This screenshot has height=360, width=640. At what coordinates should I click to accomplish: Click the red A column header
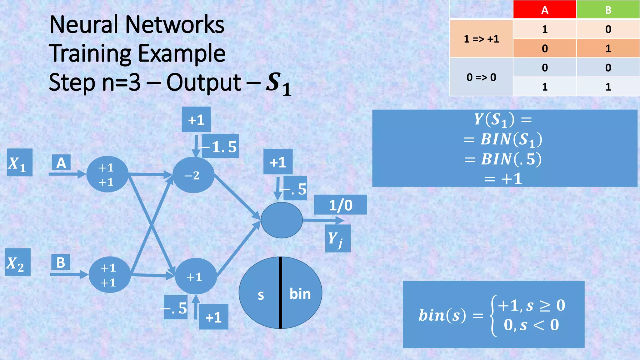tap(545, 10)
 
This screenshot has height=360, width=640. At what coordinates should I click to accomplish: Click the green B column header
tap(608, 10)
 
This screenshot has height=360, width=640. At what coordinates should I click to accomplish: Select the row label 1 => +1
tap(481, 39)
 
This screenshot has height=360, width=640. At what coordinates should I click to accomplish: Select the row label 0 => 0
tap(481, 77)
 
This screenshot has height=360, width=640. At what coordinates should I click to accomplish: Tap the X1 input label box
tap(19, 162)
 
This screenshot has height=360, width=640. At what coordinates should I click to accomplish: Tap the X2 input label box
tap(17, 262)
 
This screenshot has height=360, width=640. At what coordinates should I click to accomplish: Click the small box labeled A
tap(61, 163)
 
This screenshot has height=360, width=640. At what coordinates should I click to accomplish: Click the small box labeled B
tap(61, 262)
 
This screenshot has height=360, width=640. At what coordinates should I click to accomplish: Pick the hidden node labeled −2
tap(193, 175)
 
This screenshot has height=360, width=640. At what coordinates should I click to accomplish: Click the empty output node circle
tap(282, 220)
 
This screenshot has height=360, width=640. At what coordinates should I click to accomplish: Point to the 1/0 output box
tap(340, 205)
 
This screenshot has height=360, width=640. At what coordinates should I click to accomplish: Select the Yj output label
tap(337, 239)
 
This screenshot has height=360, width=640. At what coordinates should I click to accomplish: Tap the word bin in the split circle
tap(300, 294)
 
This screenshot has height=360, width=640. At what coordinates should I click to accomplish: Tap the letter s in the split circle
tap(261, 295)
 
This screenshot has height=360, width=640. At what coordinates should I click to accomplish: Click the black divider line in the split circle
tap(281, 292)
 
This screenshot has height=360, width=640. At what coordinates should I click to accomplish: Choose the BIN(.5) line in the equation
tap(503, 159)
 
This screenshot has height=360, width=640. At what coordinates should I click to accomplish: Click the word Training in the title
tap(91, 53)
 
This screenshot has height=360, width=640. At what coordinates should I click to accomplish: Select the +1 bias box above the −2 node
tap(196, 120)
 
